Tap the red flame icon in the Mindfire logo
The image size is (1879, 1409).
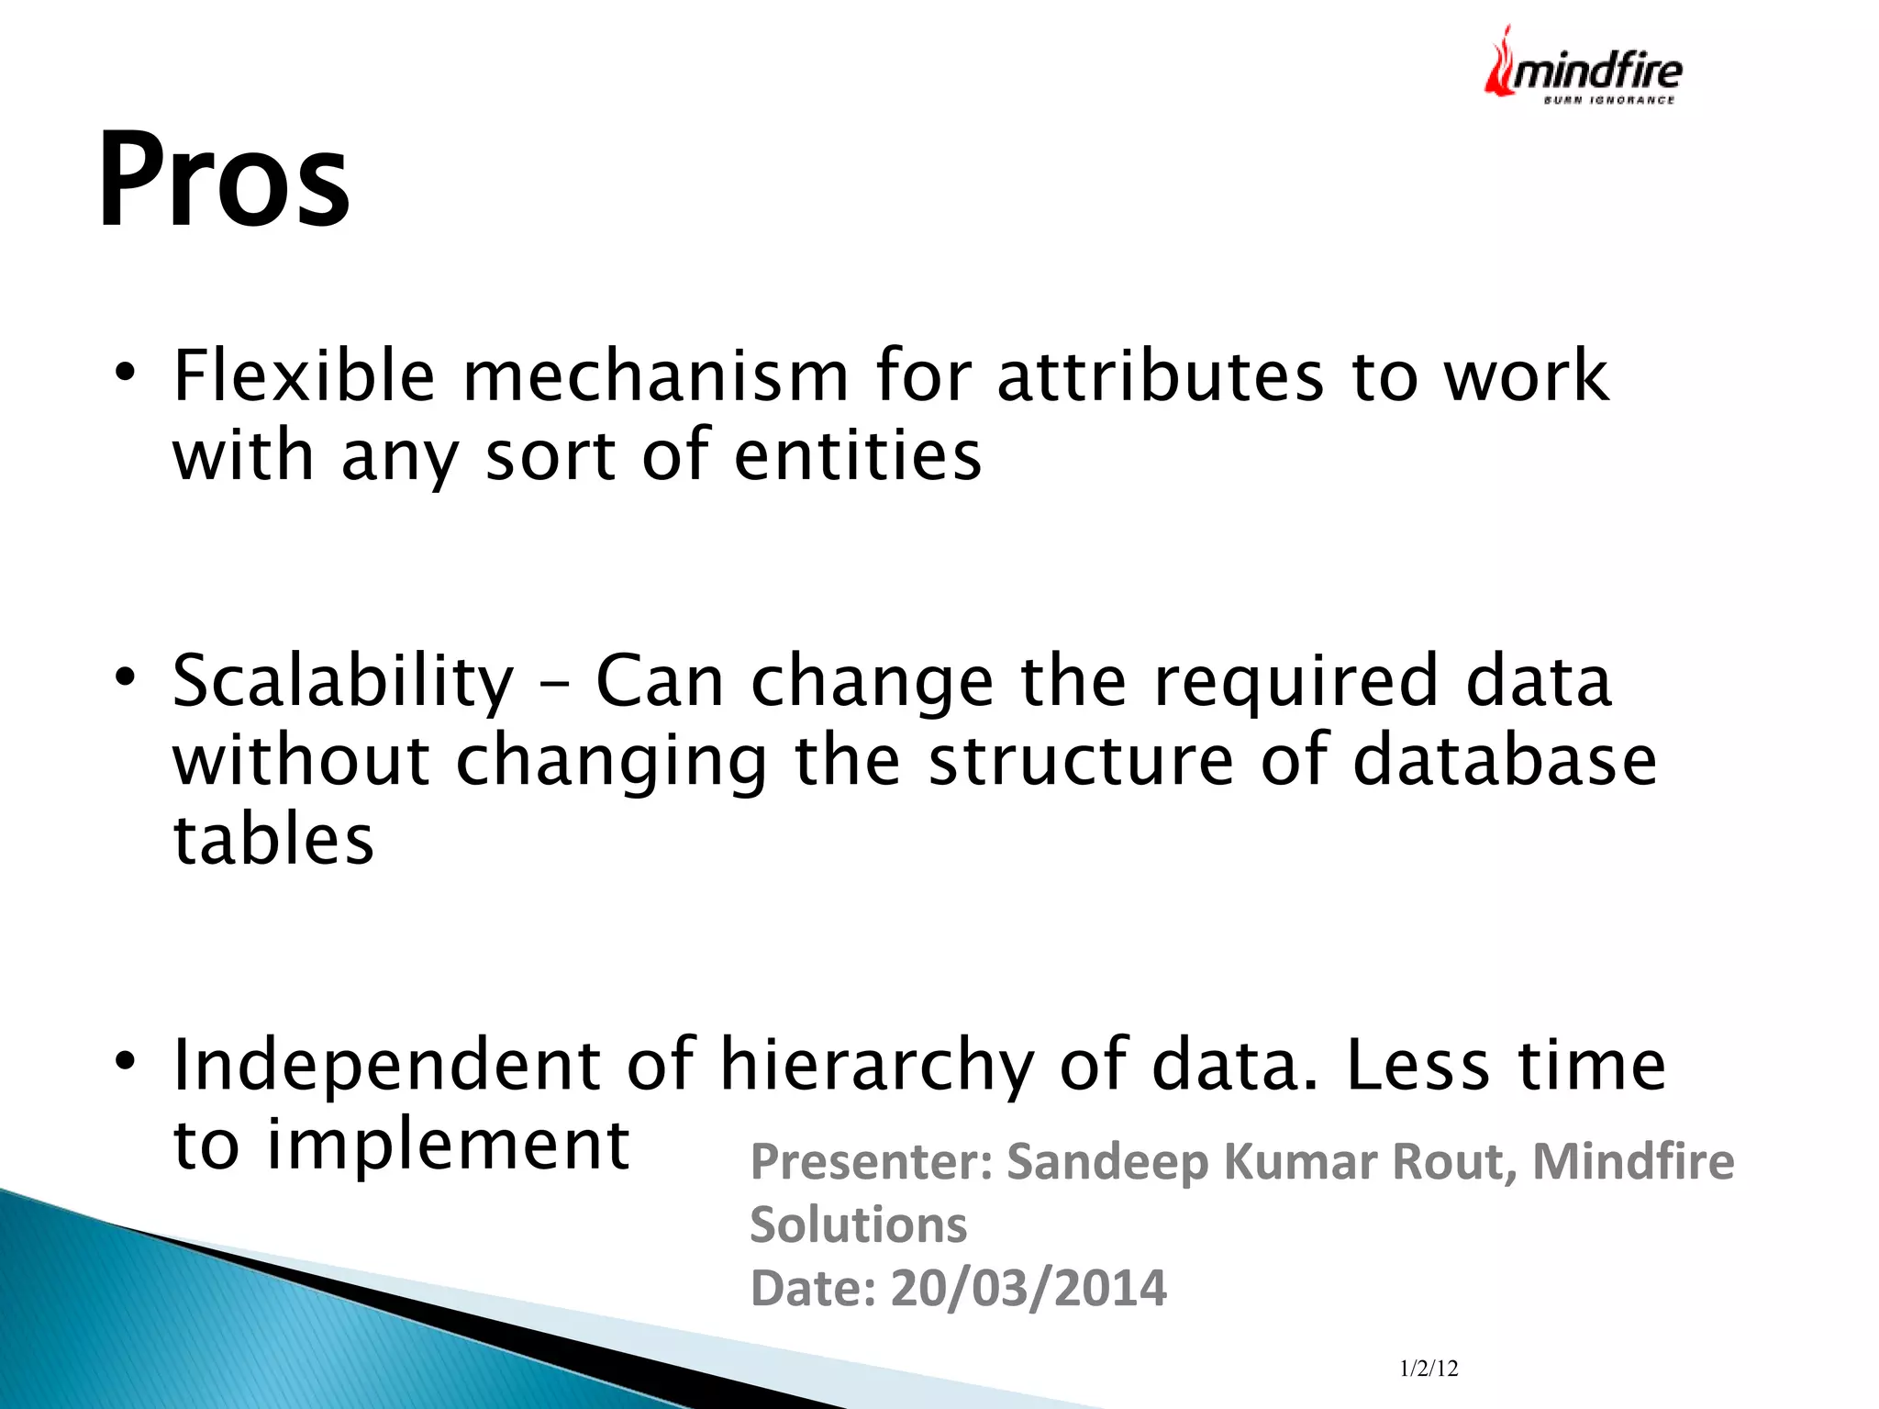point(1500,64)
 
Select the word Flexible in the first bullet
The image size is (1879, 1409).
point(304,376)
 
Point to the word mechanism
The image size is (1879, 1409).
point(655,376)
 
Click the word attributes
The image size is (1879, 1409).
point(1161,376)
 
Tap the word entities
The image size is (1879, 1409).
point(858,456)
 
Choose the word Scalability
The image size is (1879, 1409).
point(343,682)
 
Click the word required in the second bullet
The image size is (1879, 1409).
point(1295,682)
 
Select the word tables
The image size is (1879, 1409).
point(273,840)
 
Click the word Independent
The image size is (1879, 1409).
point(386,1065)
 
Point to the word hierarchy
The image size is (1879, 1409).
point(877,1065)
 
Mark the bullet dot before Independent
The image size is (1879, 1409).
point(125,1062)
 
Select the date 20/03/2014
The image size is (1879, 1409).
point(1028,1288)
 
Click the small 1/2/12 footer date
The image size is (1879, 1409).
point(1429,1369)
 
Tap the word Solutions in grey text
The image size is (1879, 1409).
point(858,1224)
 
